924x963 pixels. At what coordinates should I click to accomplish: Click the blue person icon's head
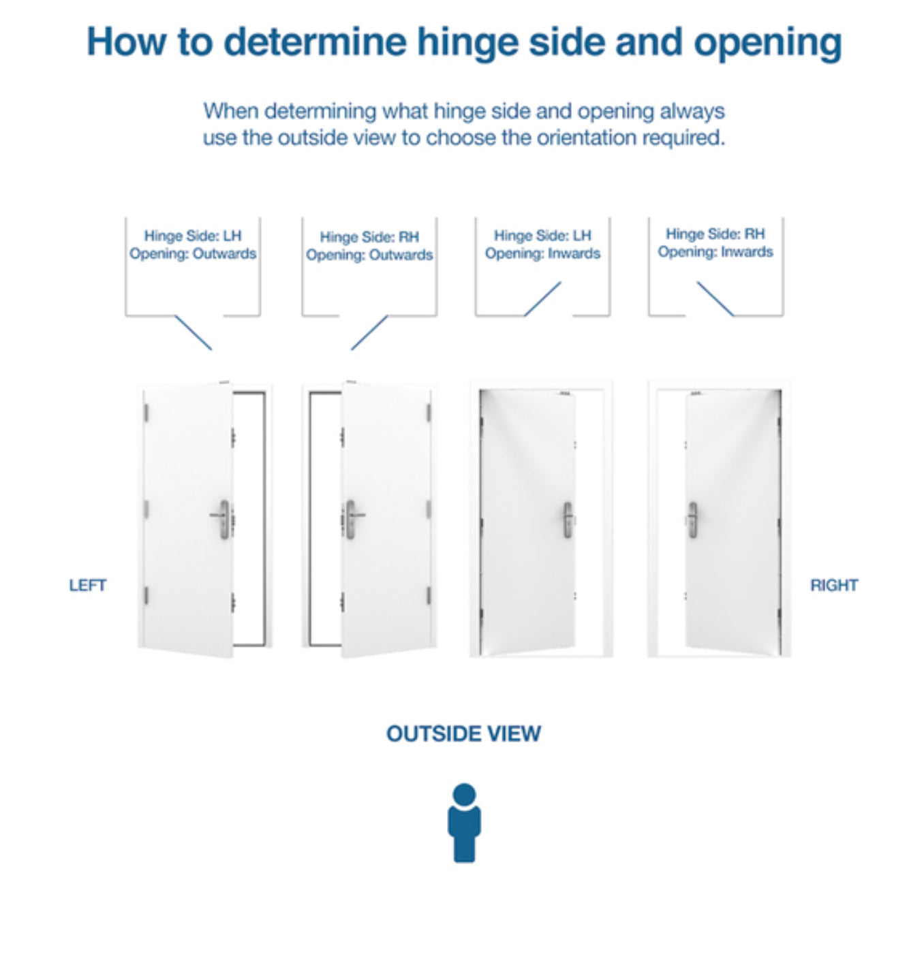[464, 794]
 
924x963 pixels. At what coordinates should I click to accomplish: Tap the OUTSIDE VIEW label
[463, 733]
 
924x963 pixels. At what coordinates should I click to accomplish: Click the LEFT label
[87, 585]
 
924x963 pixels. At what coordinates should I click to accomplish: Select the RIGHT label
[833, 585]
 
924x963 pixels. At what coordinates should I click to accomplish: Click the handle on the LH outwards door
[223, 518]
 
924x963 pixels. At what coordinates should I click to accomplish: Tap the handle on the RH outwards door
[351, 518]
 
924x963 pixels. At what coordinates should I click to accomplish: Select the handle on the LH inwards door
[568, 520]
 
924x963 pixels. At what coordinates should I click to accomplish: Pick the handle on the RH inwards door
[692, 520]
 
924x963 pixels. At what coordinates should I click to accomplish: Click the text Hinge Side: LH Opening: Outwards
[193, 244]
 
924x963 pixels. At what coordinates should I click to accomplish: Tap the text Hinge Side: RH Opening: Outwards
[369, 246]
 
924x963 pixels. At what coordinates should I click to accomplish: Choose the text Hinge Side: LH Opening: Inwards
[542, 244]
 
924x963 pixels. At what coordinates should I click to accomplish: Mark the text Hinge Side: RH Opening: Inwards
[715, 243]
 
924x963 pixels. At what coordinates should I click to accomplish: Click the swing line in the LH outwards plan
[194, 332]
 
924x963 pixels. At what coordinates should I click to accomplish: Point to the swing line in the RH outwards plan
[369, 332]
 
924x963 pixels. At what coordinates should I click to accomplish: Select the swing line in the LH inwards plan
[542, 299]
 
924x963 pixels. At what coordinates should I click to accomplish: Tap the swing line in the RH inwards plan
[715, 299]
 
